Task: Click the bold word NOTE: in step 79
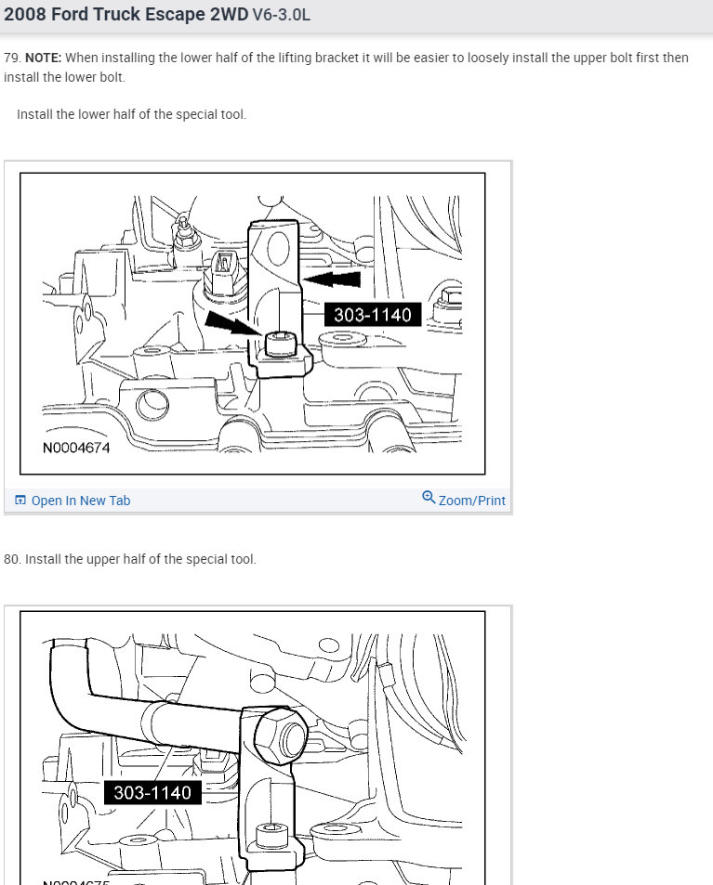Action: [x=43, y=58]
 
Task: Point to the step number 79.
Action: [x=11, y=58]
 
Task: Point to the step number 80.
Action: [x=11, y=559]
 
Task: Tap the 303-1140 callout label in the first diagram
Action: [x=373, y=315]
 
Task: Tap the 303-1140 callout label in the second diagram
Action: [x=152, y=792]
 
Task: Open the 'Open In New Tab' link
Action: [x=81, y=501]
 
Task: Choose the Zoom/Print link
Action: [x=471, y=501]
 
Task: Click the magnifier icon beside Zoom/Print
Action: [x=429, y=498]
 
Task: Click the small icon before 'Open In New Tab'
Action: [x=20, y=501]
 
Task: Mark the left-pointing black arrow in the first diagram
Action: [x=333, y=279]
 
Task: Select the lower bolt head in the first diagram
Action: [x=278, y=345]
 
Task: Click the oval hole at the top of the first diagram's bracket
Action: [x=278, y=248]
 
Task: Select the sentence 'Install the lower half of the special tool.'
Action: [x=131, y=114]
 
